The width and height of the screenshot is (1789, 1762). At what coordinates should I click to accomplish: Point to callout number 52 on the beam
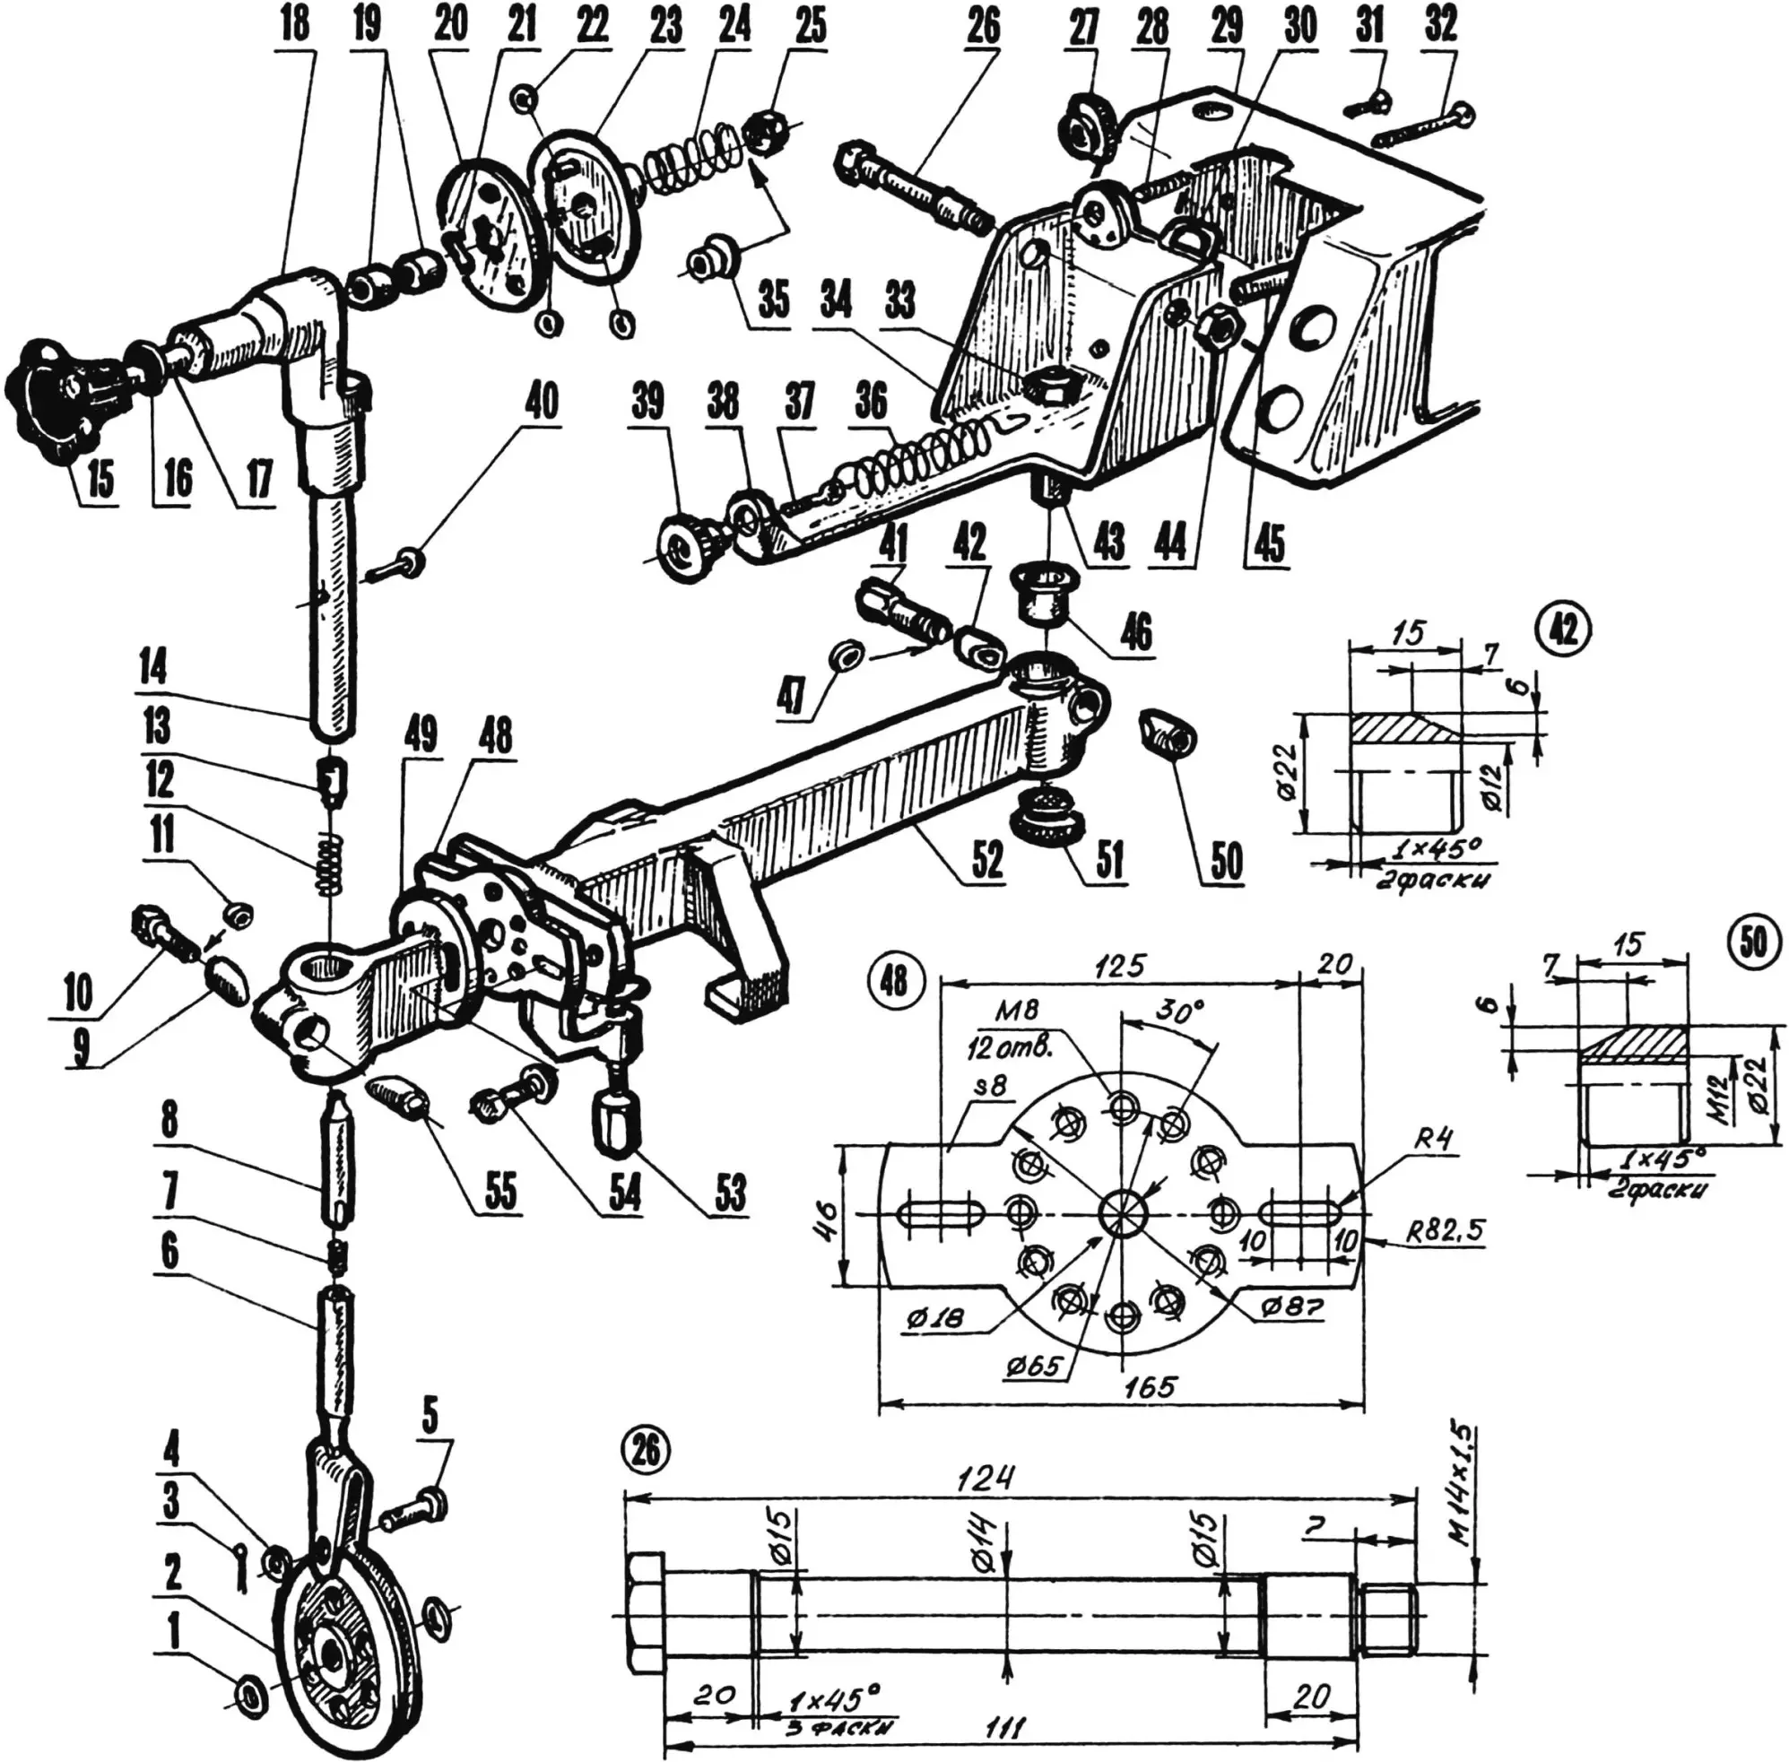tap(986, 858)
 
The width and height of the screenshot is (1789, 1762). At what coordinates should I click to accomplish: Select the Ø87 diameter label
tap(1291, 1306)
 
